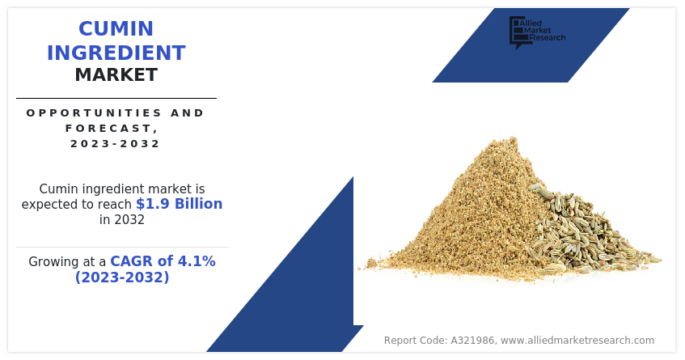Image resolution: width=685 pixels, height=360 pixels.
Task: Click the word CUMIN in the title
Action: [116, 29]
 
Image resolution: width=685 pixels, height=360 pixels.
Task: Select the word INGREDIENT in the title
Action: [116, 53]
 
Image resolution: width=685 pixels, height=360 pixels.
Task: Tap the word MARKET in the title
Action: [116, 75]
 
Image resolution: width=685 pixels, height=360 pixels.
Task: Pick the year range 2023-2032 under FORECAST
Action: [116, 144]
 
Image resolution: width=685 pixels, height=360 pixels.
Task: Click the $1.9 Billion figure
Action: [179, 204]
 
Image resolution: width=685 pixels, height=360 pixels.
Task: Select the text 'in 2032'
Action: [122, 219]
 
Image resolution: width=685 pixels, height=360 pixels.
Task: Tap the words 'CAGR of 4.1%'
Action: [163, 261]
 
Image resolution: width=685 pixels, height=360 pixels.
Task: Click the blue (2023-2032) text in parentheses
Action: [122, 277]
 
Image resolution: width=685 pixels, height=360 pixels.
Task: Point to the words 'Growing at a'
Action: [67, 262]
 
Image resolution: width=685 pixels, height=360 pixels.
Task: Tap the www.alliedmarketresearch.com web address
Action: [577, 341]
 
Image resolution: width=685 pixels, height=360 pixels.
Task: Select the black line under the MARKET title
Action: [116, 98]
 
